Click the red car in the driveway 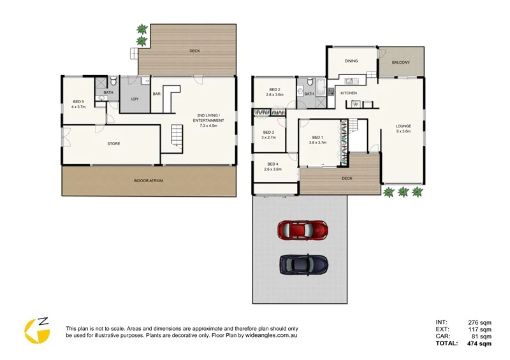pyautogui.click(x=303, y=228)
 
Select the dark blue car pyautogui.click(x=303, y=263)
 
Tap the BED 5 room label pyautogui.click(x=79, y=102)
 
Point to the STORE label pyautogui.click(x=113, y=143)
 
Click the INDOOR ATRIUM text pyautogui.click(x=149, y=181)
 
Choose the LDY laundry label pyautogui.click(x=135, y=99)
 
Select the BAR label pyautogui.click(x=156, y=94)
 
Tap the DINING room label pyautogui.click(x=351, y=61)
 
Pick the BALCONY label pyautogui.click(x=401, y=62)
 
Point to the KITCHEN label pyautogui.click(x=349, y=94)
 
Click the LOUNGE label pyautogui.click(x=403, y=126)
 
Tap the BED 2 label pyautogui.click(x=275, y=90)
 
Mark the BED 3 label pyautogui.click(x=268, y=133)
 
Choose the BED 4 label pyautogui.click(x=273, y=165)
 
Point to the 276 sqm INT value pyautogui.click(x=479, y=322)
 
